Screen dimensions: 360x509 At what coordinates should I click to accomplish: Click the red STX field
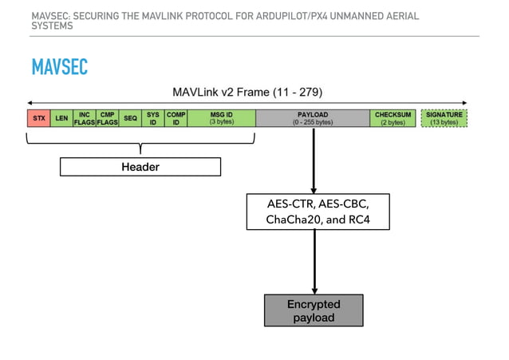tap(38, 118)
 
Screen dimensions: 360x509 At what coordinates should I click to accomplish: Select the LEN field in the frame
tap(61, 118)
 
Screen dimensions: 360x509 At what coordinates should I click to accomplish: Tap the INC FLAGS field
tap(85, 118)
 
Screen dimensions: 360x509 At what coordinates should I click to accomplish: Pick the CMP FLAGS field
tap(108, 118)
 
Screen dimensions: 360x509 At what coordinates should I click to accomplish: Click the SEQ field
tap(130, 118)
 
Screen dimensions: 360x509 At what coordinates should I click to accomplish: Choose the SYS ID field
tap(152, 118)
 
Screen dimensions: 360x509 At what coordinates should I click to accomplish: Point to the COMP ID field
tap(176, 118)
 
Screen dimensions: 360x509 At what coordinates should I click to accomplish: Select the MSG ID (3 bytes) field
tap(221, 118)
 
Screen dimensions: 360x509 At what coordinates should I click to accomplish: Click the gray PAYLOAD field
tap(314, 118)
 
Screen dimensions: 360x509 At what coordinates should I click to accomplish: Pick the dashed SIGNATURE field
tap(444, 118)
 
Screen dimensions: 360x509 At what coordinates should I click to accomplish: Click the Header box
tap(140, 167)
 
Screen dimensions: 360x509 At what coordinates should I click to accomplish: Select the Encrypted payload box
tap(314, 311)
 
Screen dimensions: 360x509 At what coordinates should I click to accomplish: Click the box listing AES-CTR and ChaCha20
tap(318, 212)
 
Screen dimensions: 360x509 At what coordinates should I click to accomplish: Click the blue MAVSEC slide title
tap(60, 67)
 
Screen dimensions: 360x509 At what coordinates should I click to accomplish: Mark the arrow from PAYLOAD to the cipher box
tap(314, 160)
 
